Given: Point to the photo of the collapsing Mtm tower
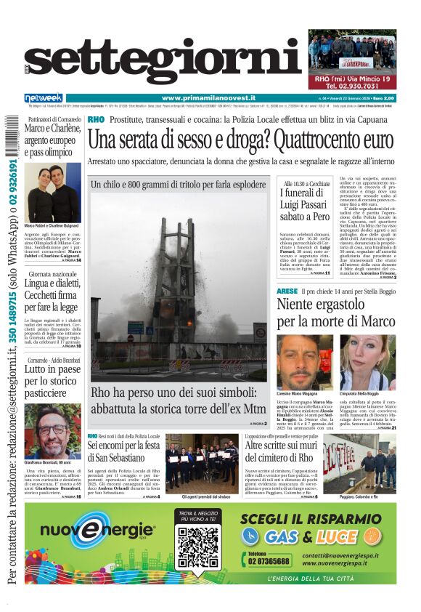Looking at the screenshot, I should [179, 287].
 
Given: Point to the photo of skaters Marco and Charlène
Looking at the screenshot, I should [52, 193].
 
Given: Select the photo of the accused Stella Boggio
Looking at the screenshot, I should [368, 362].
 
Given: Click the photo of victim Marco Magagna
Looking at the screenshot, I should [304, 362].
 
